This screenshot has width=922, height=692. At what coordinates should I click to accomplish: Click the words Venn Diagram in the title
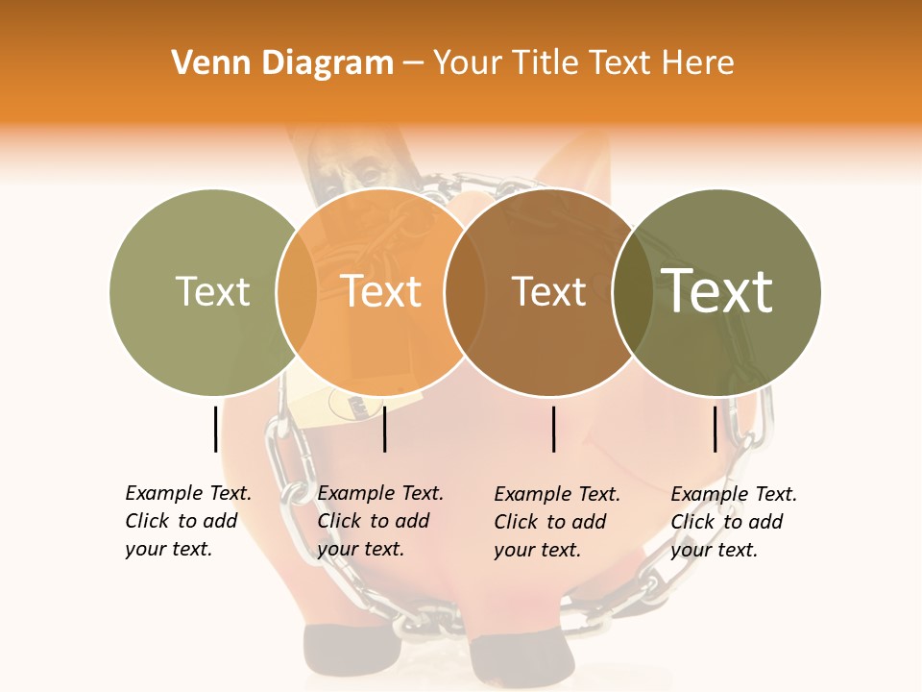tap(282, 62)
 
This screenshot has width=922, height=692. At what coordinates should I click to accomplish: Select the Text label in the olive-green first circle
tap(212, 291)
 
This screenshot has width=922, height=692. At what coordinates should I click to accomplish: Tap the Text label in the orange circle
tap(381, 291)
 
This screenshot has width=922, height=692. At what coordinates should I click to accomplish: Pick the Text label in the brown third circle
tap(548, 291)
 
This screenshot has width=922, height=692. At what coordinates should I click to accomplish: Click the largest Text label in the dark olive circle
tap(717, 291)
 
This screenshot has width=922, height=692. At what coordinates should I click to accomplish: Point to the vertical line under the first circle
tap(215, 429)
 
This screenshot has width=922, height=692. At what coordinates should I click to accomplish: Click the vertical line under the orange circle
tap(384, 429)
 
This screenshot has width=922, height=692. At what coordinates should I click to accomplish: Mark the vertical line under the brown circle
tap(554, 429)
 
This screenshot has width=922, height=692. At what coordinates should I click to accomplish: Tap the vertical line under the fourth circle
tap(716, 429)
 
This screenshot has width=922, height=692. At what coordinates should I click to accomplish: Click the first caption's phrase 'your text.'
tap(168, 550)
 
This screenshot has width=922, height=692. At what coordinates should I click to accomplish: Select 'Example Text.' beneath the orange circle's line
tap(380, 493)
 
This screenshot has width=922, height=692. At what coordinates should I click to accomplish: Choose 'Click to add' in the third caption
tap(550, 522)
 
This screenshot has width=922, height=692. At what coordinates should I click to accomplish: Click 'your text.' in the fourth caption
tap(714, 550)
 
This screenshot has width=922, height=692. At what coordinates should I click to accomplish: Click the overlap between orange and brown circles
tap(465, 291)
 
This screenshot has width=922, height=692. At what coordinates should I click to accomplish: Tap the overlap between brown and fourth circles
tap(633, 291)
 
